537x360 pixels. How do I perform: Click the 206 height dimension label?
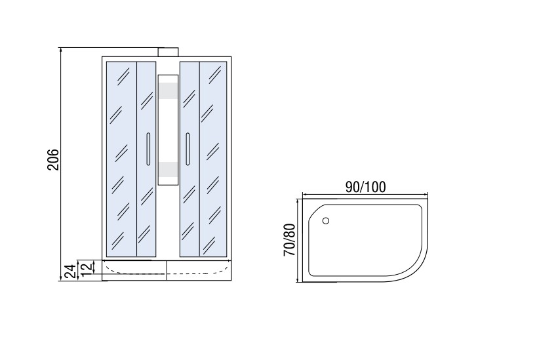tap(53, 159)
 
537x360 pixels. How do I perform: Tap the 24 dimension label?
tap(70, 271)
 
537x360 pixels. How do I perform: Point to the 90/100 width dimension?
tap(365, 187)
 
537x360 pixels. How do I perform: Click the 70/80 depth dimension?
tap(289, 240)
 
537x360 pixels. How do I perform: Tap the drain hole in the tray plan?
tap(326, 220)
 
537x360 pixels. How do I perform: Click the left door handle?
tap(148, 149)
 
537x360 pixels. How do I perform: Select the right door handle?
tap(188, 149)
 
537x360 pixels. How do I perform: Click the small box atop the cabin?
tap(168, 52)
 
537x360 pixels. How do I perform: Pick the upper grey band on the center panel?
tap(168, 90)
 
